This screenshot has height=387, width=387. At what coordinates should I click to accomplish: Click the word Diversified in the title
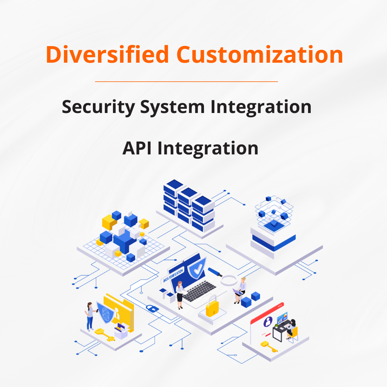click(107, 54)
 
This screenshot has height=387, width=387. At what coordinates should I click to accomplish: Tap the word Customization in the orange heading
click(260, 54)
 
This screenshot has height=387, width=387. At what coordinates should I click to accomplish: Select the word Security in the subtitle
click(98, 107)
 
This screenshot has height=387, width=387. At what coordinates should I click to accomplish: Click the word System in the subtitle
click(172, 107)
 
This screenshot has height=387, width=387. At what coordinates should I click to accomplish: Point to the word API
click(137, 148)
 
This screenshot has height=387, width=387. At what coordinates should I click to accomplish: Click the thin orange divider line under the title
click(187, 81)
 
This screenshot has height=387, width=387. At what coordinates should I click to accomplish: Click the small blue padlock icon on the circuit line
click(152, 308)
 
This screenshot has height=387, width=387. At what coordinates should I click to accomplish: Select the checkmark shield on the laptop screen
click(197, 268)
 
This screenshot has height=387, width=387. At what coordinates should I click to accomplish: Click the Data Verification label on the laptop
click(173, 276)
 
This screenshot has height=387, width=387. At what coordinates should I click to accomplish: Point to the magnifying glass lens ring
click(229, 280)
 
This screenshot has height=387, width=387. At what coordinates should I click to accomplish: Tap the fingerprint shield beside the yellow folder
click(105, 312)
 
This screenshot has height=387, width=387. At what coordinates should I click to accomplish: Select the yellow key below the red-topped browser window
click(269, 346)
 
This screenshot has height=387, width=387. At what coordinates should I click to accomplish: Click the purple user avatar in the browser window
click(268, 322)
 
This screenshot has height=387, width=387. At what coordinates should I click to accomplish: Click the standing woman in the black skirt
click(180, 295)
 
